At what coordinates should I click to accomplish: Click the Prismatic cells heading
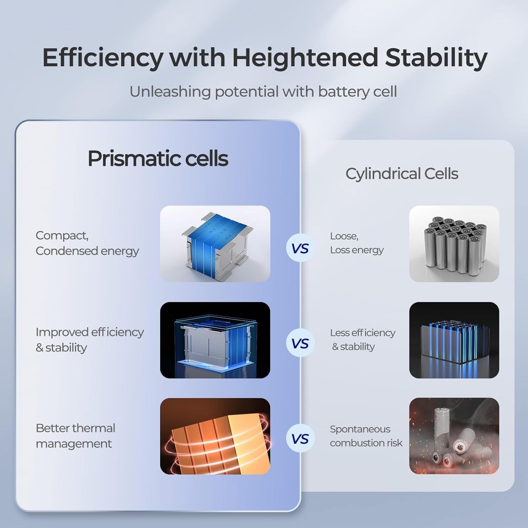(x=158, y=158)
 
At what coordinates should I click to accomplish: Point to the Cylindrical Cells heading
(x=402, y=174)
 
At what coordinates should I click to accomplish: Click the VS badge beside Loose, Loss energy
(x=300, y=249)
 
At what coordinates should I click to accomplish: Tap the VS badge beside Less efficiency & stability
(x=300, y=343)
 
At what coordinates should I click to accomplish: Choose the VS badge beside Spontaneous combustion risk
(x=300, y=439)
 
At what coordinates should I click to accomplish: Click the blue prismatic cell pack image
(x=215, y=244)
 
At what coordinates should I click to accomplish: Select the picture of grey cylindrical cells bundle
(x=454, y=244)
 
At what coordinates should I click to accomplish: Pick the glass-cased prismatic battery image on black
(x=215, y=340)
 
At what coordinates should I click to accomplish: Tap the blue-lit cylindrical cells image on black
(x=454, y=340)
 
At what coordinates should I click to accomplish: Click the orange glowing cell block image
(x=215, y=436)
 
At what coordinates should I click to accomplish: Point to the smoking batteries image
(x=454, y=436)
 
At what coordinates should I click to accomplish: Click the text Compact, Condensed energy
(x=87, y=243)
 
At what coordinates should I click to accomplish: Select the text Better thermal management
(x=75, y=436)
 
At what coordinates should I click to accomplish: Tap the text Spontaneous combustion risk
(x=366, y=436)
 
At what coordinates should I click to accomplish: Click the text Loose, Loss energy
(x=357, y=243)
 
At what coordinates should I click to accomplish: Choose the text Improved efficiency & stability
(x=90, y=340)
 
